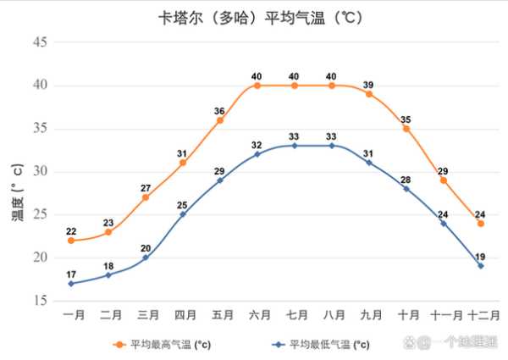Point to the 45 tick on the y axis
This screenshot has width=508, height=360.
[x=41, y=42]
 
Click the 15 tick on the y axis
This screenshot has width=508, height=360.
[x=41, y=301]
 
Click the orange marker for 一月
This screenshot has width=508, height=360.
[x=71, y=241]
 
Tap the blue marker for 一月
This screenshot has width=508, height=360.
[x=71, y=283]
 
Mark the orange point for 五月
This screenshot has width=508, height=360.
[x=220, y=120]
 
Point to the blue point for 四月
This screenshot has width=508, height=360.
[x=183, y=214]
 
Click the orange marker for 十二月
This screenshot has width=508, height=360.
[x=481, y=224]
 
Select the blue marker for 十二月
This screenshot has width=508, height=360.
[x=481, y=266]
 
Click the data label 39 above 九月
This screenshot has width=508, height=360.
[x=369, y=85]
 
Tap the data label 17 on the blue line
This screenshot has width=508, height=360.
[x=71, y=274]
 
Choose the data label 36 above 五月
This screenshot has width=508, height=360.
[x=219, y=111]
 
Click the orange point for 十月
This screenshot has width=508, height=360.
[x=406, y=129]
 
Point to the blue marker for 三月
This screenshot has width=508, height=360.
[x=146, y=258]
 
